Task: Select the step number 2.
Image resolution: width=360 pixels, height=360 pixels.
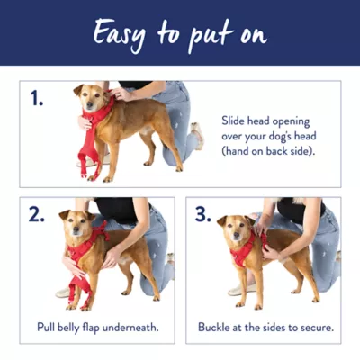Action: click(x=36, y=214)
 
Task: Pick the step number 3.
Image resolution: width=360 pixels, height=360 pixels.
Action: click(x=203, y=214)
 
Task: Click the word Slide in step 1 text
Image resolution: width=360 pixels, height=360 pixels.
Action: click(x=236, y=119)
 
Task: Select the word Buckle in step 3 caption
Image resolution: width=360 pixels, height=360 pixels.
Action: click(x=216, y=327)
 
